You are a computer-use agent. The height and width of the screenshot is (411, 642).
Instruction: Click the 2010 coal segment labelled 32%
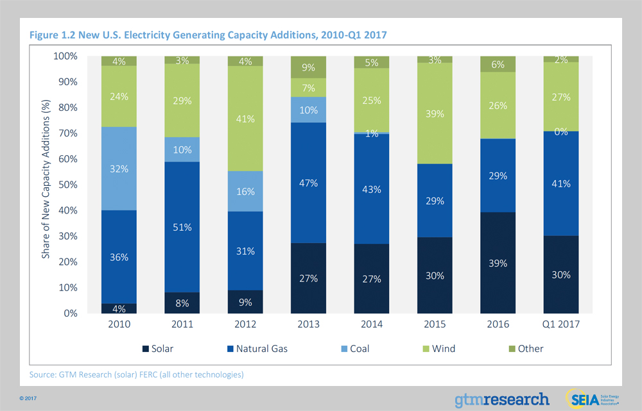119,169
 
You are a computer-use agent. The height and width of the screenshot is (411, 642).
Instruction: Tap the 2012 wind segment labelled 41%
245,119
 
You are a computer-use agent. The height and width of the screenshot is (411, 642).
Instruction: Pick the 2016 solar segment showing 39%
498,263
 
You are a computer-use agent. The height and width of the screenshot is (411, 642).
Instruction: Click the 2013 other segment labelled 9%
308,66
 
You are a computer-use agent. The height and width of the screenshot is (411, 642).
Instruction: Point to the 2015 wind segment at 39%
435,113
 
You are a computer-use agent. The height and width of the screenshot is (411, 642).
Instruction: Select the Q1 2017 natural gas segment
561,183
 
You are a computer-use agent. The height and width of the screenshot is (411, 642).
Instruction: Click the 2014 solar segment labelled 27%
372,278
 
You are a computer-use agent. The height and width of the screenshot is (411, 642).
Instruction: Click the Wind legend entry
437,349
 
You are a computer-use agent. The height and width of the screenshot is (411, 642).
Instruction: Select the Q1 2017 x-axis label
561,324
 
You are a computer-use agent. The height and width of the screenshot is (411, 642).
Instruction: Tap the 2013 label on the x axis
308,324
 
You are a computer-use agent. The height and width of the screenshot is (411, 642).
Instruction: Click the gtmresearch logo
502,399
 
